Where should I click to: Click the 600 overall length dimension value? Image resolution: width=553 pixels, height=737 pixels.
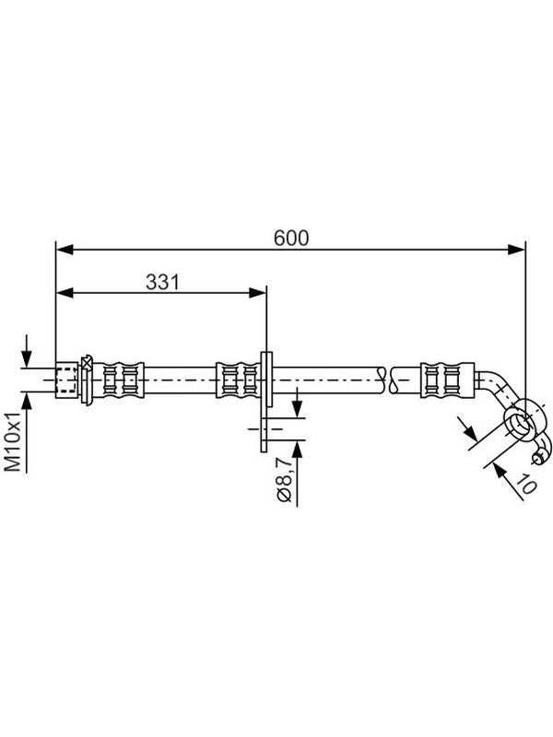click(291, 238)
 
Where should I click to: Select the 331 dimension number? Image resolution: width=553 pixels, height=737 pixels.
click(162, 282)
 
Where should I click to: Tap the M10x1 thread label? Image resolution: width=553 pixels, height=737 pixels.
click(13, 441)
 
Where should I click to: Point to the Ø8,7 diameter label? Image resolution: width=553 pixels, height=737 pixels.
click(285, 475)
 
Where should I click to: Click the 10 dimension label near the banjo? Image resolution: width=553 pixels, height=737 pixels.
click(525, 485)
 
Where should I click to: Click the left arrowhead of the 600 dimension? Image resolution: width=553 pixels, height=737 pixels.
click(65, 250)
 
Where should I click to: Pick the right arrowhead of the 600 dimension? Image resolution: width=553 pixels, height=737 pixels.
click(516, 250)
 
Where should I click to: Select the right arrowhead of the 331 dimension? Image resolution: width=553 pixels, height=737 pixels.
click(257, 293)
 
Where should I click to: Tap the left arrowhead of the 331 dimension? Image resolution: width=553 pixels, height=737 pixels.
click(65, 293)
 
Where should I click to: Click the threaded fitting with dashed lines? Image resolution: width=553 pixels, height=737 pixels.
click(66, 380)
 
